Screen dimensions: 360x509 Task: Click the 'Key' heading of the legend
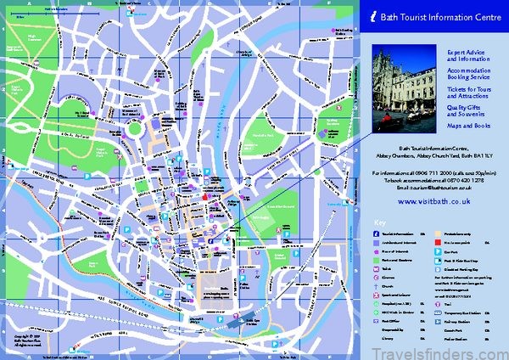378,224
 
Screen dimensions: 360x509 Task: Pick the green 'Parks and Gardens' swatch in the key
376,262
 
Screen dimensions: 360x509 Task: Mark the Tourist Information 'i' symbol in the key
376,233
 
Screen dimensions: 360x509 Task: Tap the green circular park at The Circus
133,132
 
